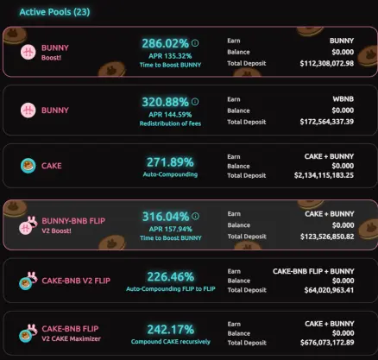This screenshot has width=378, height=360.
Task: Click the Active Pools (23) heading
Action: coord(54,12)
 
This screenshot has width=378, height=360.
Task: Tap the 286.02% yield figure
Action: coord(165,43)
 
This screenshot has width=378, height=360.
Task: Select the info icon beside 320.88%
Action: coord(195,102)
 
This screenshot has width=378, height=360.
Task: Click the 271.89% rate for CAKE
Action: coord(170,162)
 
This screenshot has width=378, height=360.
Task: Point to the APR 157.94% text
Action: coord(170,229)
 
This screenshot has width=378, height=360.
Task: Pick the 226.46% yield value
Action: coord(171,277)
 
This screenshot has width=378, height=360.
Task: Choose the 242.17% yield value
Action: coord(171,330)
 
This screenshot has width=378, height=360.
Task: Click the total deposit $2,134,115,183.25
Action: coord(324,175)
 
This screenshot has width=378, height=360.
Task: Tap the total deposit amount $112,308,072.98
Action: coord(327,63)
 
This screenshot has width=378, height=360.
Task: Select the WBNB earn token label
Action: coord(343,99)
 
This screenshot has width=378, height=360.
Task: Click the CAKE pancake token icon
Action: coord(28,166)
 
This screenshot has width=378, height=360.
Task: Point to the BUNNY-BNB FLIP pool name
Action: coord(73,221)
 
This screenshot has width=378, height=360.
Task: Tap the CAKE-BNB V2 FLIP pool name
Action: coord(76,281)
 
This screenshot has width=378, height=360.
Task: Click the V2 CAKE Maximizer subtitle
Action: coord(71,338)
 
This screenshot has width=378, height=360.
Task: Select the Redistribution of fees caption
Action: coord(170,123)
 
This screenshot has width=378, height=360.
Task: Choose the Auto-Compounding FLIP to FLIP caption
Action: coord(171,288)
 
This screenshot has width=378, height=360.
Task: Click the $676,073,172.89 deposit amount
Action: coord(327,343)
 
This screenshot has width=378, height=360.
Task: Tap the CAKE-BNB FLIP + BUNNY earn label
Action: coord(313,271)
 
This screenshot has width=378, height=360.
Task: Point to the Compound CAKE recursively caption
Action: coord(171,342)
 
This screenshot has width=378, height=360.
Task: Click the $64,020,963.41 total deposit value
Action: coord(329,290)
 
